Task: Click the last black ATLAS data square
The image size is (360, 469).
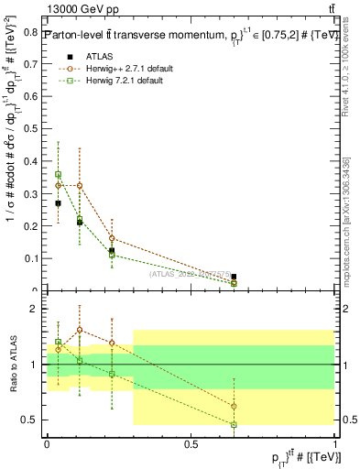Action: [234, 277]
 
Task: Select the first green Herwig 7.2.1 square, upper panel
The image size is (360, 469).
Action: [59, 174]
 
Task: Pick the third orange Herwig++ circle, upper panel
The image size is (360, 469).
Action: [112, 238]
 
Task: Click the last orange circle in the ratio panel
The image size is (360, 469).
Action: [234, 406]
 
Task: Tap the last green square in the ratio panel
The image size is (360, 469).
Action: [234, 425]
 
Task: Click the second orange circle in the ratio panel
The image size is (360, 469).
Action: [80, 330]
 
